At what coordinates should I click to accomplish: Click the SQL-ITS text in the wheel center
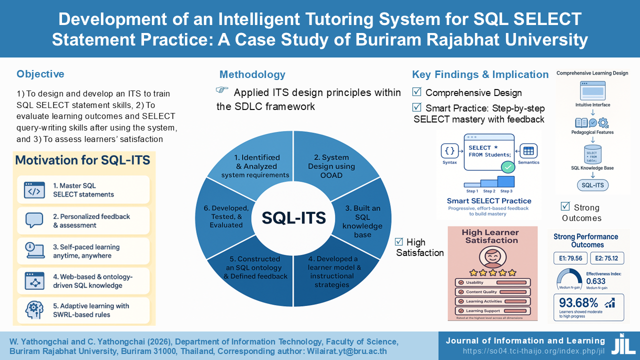coord(294,217)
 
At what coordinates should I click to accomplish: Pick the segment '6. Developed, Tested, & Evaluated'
coord(226,216)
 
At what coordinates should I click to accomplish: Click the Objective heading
coord(40,74)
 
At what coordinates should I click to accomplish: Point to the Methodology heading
coord(252,74)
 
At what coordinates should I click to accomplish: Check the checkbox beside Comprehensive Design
coord(416,92)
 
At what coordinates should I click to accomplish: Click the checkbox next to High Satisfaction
coord(399,241)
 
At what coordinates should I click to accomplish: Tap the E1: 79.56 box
coord(569,258)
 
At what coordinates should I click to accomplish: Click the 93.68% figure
coord(579,302)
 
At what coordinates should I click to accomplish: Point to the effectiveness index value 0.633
coord(596,280)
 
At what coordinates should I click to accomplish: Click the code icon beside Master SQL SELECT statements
coord(34,190)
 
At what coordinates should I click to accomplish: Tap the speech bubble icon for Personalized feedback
coord(34,220)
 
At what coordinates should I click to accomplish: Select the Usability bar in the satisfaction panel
coord(492,282)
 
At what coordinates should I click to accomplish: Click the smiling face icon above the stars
coord(490,257)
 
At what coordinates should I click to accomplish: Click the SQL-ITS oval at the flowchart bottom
coord(592,185)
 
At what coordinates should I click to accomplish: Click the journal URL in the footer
coord(533,351)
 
